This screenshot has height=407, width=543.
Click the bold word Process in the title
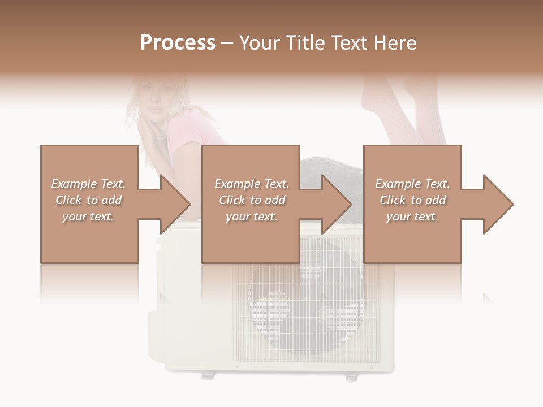[178, 43]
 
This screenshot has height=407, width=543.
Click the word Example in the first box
[74, 184]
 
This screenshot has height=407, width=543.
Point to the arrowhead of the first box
[176, 204]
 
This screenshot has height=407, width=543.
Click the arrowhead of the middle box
[337, 204]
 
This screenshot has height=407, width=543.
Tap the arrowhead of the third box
[499, 204]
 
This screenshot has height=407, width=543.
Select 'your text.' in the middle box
[251, 217]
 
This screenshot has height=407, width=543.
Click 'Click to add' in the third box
[412, 200]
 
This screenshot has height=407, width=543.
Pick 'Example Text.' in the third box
[412, 184]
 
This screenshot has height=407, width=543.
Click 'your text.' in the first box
[88, 217]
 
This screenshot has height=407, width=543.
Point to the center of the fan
[307, 308]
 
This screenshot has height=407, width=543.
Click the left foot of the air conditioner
[208, 374]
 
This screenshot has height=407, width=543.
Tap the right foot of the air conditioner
[352, 375]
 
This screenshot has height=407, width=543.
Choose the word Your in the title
[260, 43]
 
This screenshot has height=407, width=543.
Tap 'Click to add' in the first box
[88, 200]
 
